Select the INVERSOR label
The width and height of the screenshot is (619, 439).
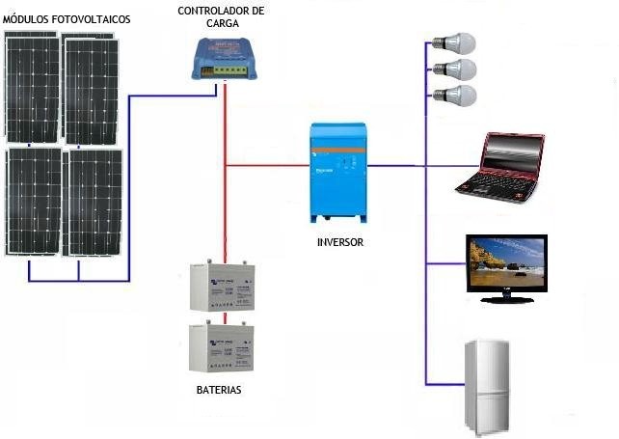click(x=339, y=242)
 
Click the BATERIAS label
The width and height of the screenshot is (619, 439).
click(x=218, y=391)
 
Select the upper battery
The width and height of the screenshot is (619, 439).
click(x=221, y=288)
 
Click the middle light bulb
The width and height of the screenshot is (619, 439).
click(x=455, y=69)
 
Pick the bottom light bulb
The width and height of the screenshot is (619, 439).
click(x=455, y=96)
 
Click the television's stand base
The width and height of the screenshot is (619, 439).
click(x=506, y=299)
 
